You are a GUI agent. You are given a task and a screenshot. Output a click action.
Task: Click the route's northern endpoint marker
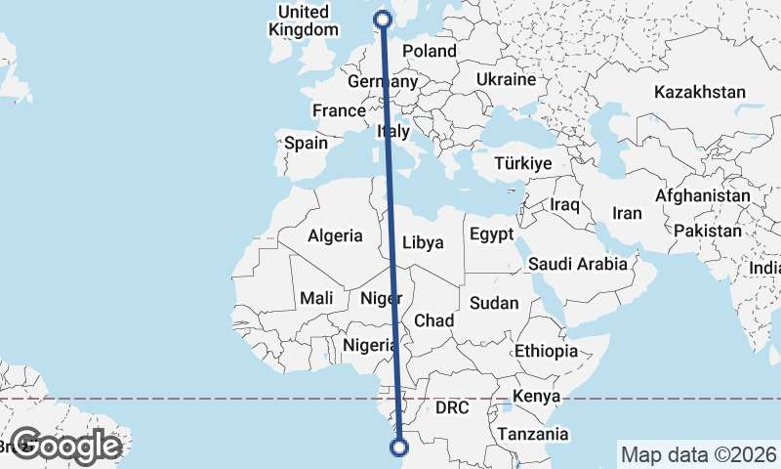383,18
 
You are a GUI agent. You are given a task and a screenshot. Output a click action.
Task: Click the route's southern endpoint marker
398,448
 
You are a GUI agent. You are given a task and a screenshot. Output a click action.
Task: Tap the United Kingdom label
303,21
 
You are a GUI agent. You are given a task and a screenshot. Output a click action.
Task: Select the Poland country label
429,51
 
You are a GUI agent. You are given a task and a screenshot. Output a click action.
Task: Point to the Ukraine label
506,79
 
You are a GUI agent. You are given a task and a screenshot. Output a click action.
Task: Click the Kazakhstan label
700,93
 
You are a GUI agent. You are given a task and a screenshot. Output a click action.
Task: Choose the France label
339,111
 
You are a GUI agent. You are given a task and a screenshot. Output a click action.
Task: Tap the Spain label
306,143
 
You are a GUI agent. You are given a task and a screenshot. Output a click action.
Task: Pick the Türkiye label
523,163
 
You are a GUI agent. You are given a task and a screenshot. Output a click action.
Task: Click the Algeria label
335,235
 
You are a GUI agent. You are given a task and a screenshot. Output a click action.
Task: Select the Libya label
424,241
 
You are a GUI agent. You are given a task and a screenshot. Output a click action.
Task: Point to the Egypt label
491,234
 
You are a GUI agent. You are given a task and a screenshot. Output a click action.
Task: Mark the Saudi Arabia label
577,264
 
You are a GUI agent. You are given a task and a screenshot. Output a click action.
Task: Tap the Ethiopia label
547,351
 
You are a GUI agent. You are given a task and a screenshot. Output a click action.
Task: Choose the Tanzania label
533,434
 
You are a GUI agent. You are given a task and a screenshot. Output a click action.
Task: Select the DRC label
453,407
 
